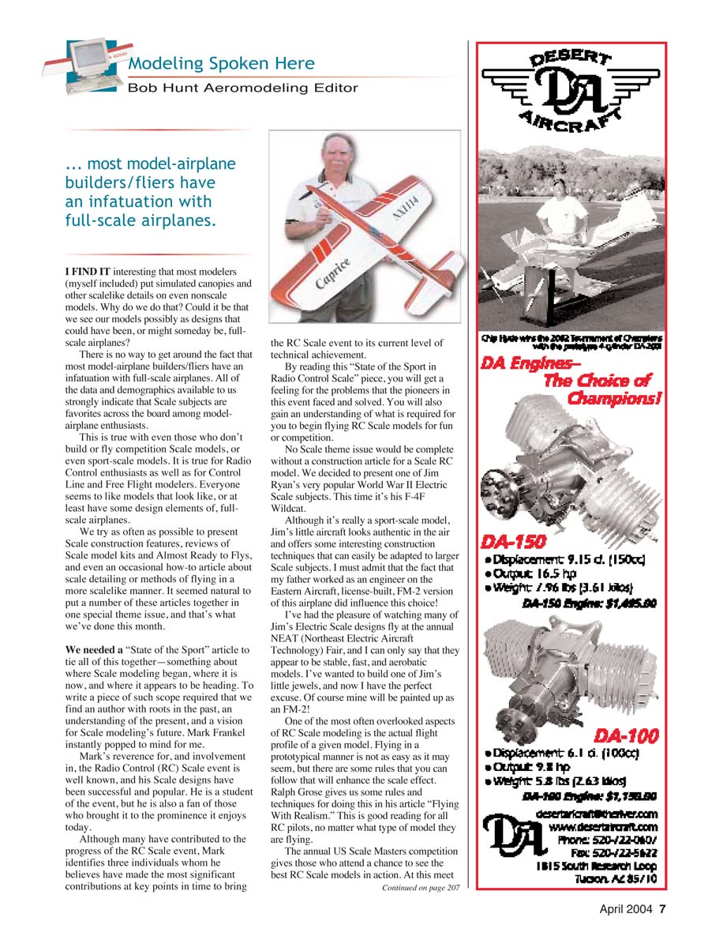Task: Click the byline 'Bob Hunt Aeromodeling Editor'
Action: tap(242, 88)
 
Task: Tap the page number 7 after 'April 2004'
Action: tap(663, 908)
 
